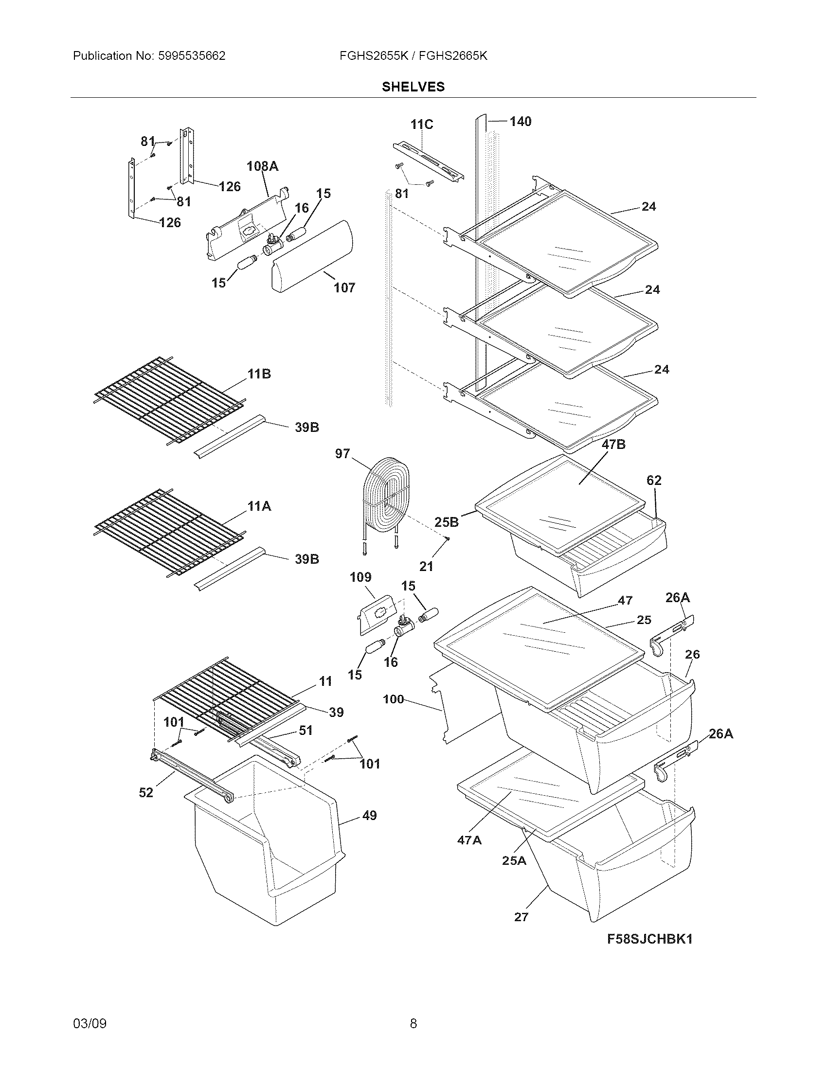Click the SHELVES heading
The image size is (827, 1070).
(x=413, y=87)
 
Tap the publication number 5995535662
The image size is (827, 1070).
(x=192, y=56)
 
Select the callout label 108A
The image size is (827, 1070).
(x=262, y=166)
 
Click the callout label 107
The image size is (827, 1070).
(x=344, y=287)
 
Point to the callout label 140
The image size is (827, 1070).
(x=520, y=121)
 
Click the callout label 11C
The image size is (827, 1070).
(x=421, y=125)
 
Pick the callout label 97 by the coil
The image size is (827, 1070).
(x=342, y=454)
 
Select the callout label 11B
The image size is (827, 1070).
(x=259, y=374)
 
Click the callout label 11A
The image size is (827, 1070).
(x=259, y=506)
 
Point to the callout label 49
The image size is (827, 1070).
(x=369, y=815)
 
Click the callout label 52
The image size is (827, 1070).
(x=146, y=792)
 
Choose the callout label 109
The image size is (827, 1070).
(x=360, y=577)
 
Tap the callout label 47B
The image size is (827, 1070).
(x=613, y=445)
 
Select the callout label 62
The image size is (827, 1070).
(x=653, y=480)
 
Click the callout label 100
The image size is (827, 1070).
(x=393, y=699)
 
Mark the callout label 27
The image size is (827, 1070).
(x=521, y=917)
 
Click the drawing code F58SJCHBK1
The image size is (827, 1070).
(x=649, y=939)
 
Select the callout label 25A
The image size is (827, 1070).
(x=513, y=860)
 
